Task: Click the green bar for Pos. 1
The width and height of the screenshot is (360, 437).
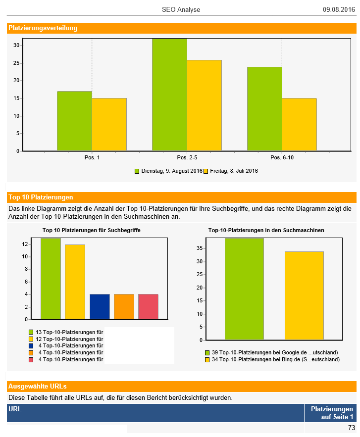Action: pyautogui.click(x=74, y=121)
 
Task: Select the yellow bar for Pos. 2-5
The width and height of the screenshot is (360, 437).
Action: pyautogui.click(x=204, y=105)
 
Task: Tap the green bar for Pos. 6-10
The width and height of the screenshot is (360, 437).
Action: pyautogui.click(x=264, y=108)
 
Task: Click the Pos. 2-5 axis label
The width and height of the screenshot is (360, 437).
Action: pyautogui.click(x=187, y=157)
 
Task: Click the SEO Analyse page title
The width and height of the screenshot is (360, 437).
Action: pyautogui.click(x=181, y=9)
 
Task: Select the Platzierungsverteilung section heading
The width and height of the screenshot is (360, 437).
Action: pyautogui.click(x=43, y=28)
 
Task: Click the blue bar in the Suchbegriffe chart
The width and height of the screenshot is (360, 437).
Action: pyautogui.click(x=99, y=306)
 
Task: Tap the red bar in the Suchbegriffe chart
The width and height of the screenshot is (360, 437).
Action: pyautogui.click(x=148, y=306)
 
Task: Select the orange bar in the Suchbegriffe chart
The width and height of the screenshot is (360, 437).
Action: pyautogui.click(x=124, y=306)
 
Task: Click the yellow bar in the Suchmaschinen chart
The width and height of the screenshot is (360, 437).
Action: pyautogui.click(x=304, y=295)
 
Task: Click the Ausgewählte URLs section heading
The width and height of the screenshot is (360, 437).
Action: pyautogui.click(x=38, y=386)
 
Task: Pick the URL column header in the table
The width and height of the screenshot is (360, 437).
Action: pyautogui.click(x=15, y=409)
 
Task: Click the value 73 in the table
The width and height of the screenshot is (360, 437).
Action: pyautogui.click(x=351, y=428)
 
